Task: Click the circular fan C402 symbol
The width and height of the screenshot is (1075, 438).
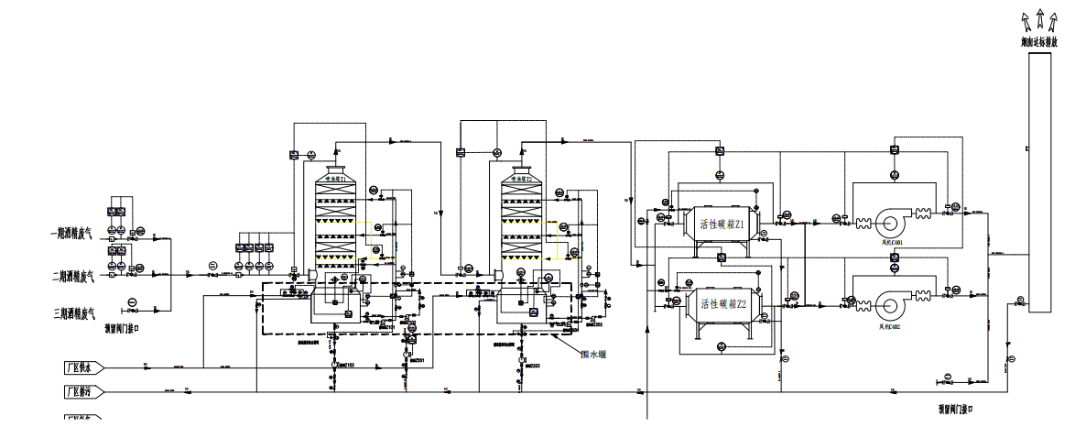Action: [890, 304]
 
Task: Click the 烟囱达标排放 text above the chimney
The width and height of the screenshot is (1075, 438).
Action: [1039, 42]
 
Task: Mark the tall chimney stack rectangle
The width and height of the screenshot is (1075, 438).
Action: [1040, 183]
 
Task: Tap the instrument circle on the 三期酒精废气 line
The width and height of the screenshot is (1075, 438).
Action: [133, 301]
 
